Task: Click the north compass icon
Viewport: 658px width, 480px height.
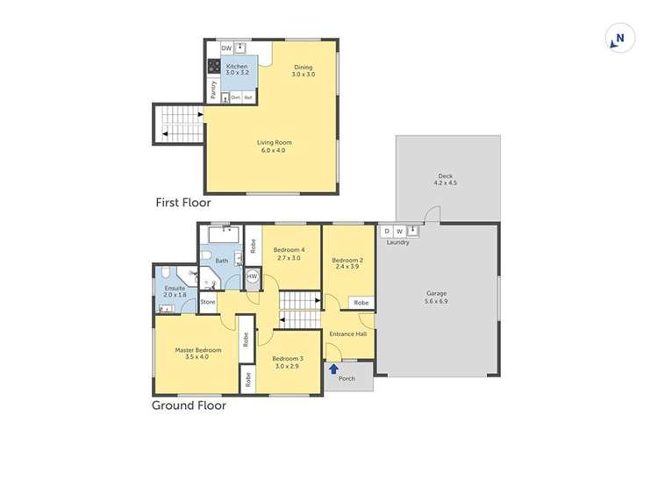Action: tap(619, 39)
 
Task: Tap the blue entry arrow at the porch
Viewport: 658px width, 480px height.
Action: tap(333, 369)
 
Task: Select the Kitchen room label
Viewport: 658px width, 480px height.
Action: tap(237, 67)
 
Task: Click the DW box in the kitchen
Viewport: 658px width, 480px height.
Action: tap(226, 49)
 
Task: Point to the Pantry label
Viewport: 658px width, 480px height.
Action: tap(213, 89)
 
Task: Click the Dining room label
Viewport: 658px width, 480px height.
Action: tap(303, 67)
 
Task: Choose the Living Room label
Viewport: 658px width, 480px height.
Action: tap(274, 142)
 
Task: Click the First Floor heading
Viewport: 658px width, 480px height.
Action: tap(182, 203)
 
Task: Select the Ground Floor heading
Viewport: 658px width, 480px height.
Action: tap(189, 405)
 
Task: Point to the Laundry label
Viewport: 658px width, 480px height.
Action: tap(398, 242)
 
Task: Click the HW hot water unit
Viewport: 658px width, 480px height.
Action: tap(252, 277)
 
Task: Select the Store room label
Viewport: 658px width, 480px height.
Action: tap(208, 302)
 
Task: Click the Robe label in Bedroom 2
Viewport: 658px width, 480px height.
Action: tap(361, 302)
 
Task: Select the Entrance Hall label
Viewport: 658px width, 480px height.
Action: tap(347, 333)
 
